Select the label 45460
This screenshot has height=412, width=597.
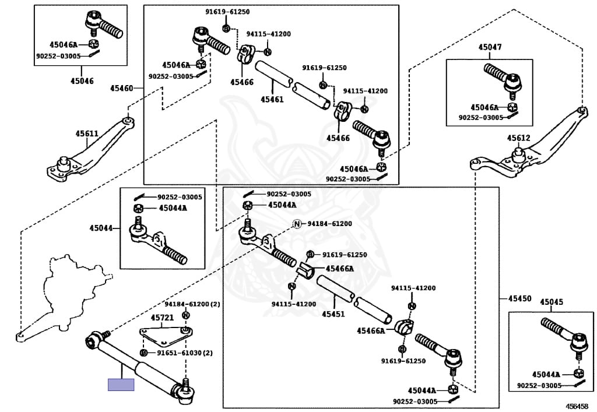click(121, 89)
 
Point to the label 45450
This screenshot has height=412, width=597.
click(519, 298)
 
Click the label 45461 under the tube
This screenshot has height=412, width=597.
click(272, 100)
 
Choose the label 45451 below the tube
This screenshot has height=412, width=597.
click(333, 314)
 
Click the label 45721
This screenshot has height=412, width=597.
click(162, 318)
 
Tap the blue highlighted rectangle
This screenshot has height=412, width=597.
click(121, 385)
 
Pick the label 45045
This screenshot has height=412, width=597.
click(551, 302)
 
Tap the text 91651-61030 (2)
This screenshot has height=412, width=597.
click(181, 353)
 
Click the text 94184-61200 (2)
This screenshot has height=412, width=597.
click(191, 304)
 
